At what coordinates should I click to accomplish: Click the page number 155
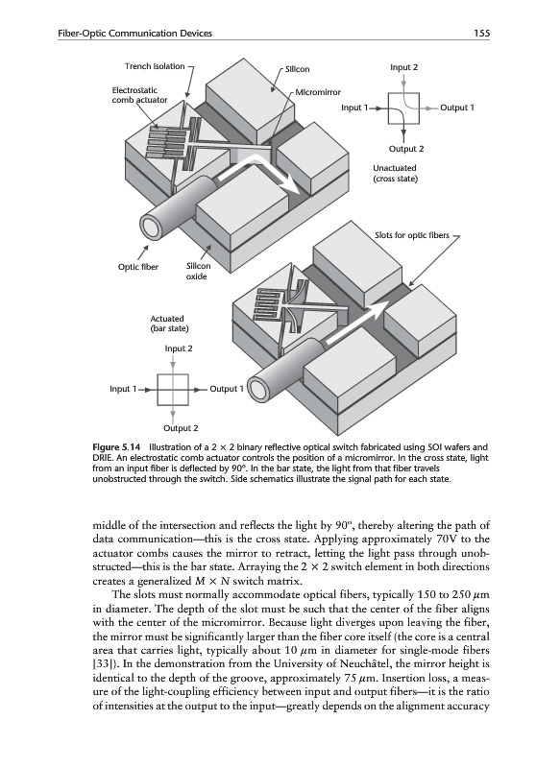point(481,34)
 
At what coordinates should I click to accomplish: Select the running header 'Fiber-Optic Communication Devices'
point(135,34)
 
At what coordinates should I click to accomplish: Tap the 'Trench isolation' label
point(155,66)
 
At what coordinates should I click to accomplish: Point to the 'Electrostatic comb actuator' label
point(139,95)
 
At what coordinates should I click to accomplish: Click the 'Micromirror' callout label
point(318,92)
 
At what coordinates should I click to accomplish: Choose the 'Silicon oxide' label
point(199,271)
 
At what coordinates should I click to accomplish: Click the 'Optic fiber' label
point(138,267)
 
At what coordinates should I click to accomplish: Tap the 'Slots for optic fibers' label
point(412,235)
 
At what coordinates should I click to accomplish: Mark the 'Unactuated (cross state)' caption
point(395,173)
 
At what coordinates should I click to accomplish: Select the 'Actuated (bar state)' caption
point(169,324)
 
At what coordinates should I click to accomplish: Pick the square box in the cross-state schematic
point(403,108)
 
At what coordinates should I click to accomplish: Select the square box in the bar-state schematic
point(173,390)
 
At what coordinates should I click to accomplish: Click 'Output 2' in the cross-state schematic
point(406,149)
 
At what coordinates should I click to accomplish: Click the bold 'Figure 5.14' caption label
point(116,446)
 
